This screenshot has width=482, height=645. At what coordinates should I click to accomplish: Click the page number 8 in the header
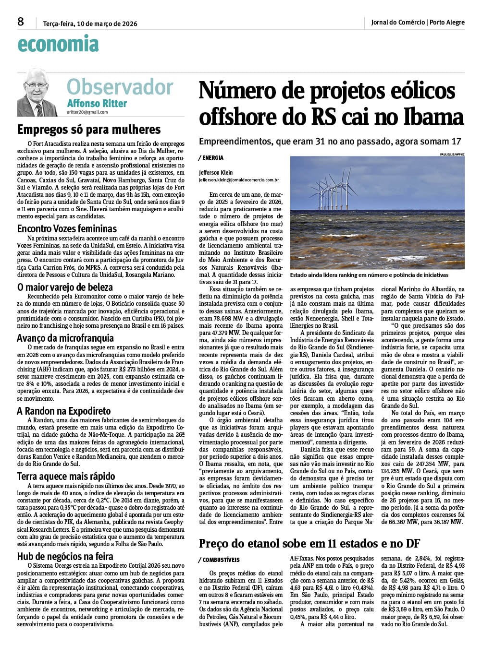point(20,22)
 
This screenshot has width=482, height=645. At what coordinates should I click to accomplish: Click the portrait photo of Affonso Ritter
point(37,92)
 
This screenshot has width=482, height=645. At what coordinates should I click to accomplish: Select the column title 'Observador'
point(120,87)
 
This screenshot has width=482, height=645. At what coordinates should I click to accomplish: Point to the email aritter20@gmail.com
point(87,112)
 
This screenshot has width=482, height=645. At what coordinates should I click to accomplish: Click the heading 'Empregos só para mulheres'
point(89,130)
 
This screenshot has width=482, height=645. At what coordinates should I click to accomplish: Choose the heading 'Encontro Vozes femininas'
point(67,228)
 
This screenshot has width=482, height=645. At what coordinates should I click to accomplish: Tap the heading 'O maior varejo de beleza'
point(65,287)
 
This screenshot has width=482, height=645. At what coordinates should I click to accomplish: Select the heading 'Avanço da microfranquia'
point(65,338)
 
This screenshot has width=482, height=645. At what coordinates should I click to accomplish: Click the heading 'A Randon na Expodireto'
point(64,411)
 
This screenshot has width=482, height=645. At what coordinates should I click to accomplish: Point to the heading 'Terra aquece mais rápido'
point(66,477)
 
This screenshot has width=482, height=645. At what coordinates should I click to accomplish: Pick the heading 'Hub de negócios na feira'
point(65,556)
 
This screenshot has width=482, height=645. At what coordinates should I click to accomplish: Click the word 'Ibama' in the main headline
point(434,117)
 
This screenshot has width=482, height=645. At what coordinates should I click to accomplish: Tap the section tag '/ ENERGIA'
point(210,158)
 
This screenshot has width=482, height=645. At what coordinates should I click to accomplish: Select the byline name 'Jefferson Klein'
point(216,172)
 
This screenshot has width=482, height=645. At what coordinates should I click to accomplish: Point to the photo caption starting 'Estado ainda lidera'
point(369,275)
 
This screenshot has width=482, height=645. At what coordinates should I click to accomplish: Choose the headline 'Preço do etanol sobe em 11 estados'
point(309,543)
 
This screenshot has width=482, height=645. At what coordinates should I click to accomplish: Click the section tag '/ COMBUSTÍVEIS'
point(219,560)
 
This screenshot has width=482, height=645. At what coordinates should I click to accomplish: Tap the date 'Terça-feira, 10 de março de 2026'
point(90,23)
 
